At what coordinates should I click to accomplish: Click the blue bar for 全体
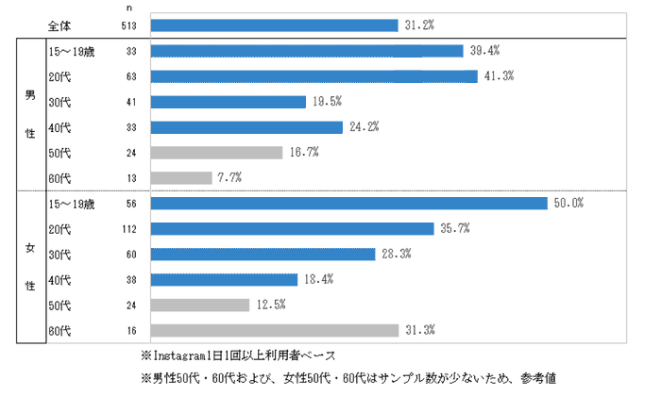274,25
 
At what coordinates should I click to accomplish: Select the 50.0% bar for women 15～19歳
348,203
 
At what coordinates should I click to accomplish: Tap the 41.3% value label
498,76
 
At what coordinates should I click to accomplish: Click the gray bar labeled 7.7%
181,177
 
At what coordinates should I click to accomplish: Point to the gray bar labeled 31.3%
274,330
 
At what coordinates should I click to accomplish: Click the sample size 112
131,228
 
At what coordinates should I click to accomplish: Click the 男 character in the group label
29,93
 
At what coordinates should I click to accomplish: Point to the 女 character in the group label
29,249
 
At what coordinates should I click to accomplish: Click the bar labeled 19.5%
228,102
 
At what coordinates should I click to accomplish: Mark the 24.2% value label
363,127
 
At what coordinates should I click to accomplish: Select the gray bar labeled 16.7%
216,152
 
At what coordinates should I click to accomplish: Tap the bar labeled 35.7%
292,228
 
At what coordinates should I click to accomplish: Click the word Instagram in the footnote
174,356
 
